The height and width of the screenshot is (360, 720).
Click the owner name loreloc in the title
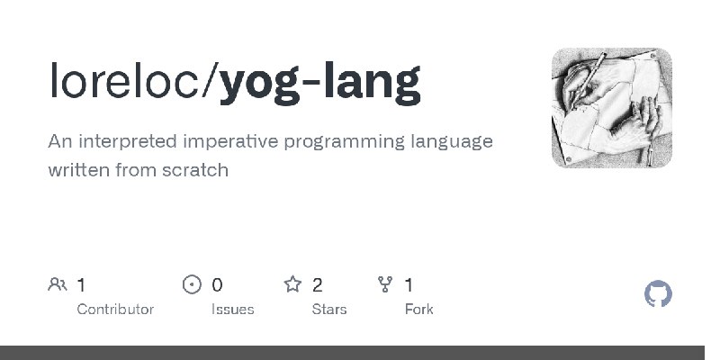125,80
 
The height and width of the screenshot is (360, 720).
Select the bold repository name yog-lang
319,84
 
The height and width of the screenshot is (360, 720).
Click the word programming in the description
345,142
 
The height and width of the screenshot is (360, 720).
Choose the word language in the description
452,142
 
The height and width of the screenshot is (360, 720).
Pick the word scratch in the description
195,170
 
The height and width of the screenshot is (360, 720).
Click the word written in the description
78,170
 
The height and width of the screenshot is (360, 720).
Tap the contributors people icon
58,284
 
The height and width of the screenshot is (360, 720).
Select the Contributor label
115,310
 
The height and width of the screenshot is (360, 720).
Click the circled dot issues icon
192,284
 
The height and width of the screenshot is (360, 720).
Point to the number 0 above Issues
217,285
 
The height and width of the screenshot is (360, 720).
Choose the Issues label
233,310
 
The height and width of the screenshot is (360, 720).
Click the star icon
292,284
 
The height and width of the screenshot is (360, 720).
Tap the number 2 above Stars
318,285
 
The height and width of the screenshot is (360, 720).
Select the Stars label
329,310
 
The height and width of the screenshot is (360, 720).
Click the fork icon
385,284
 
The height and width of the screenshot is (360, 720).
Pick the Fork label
418,310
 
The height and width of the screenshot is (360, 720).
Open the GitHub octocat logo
658,293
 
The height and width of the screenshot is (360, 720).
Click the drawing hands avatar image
612,108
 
